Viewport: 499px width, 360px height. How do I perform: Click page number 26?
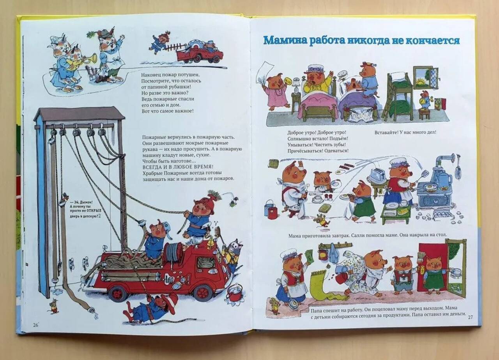[x=35, y=325]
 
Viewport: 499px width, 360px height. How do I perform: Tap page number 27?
[x=470, y=317]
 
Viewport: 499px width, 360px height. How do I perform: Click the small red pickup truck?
[x=199, y=53]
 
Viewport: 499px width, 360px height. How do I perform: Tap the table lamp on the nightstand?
[x=296, y=85]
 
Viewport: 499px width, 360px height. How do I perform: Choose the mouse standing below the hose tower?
[x=53, y=306]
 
